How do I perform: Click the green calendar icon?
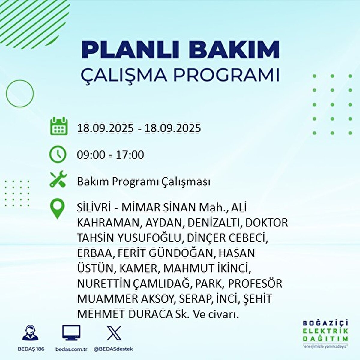pos(59,126)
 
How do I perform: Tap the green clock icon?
pos(58,154)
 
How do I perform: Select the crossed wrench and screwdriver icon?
pos(58,179)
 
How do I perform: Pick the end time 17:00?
pos(130,155)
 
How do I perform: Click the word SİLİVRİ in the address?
pos(94,208)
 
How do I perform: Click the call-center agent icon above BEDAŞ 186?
pos(30,333)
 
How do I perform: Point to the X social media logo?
pos(114,333)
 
